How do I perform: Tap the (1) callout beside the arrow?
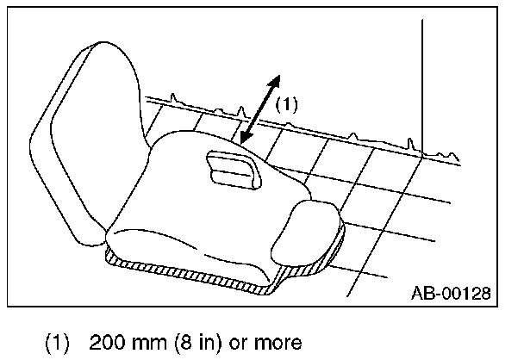click(x=286, y=105)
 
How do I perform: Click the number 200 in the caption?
click(x=104, y=343)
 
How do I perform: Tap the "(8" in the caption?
click(x=178, y=343)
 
